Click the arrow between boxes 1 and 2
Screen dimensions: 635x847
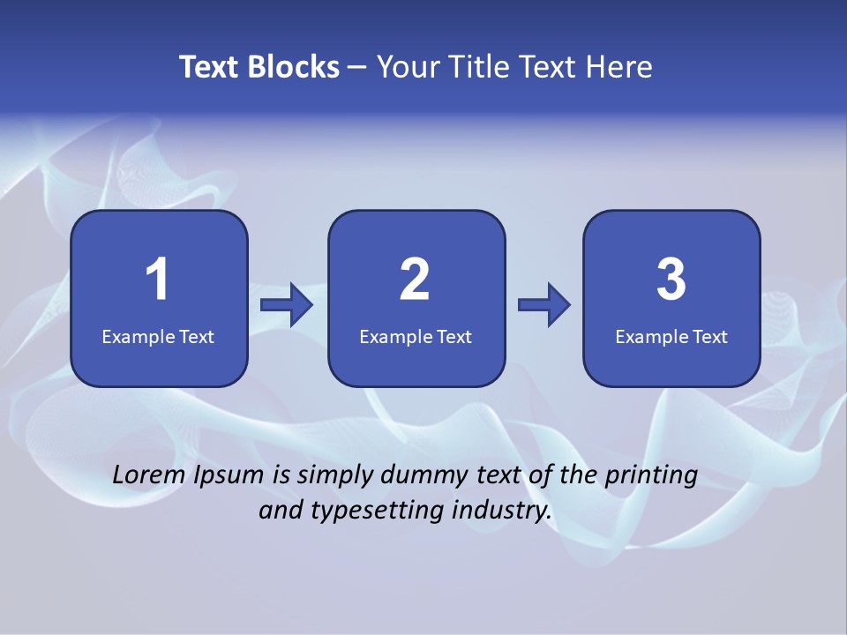click(287, 305)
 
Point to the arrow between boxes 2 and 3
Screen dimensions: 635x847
click(544, 305)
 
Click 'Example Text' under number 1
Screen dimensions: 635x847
click(158, 336)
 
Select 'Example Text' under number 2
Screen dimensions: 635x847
click(416, 336)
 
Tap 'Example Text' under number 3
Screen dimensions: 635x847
click(671, 336)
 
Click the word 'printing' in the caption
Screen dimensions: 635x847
click(650, 476)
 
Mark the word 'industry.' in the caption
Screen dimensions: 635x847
click(503, 510)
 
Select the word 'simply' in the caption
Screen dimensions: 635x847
click(334, 476)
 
